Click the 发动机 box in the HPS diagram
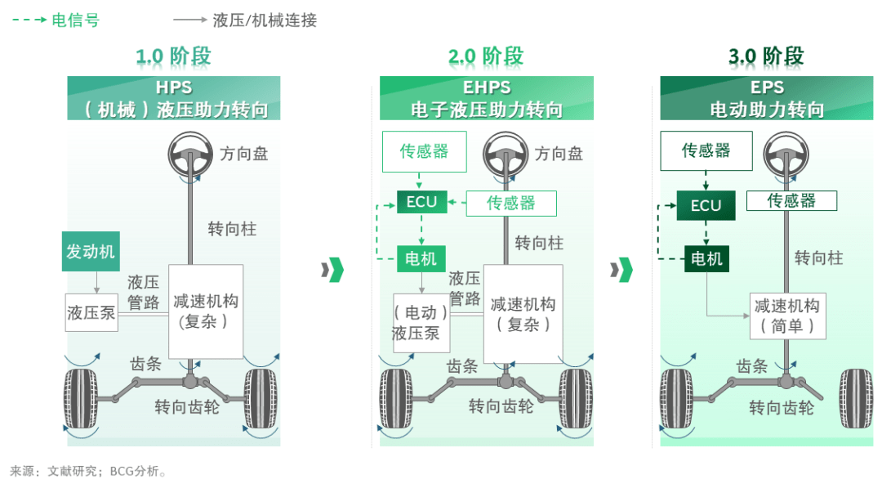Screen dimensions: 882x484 coord(91,251)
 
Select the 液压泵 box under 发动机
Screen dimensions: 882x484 coord(91,312)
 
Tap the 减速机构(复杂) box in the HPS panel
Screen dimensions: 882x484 coord(206,311)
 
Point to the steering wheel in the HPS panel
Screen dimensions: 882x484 coord(190,155)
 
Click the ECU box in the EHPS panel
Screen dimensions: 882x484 coord(422,202)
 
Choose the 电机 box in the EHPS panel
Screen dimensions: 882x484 coord(421,258)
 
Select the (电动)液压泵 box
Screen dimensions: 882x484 coord(421,323)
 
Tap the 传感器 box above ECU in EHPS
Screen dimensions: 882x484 coord(424,151)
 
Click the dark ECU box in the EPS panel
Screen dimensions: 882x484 coord(706,205)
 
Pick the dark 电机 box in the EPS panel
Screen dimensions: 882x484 coord(706,258)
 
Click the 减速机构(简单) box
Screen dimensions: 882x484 coord(787,316)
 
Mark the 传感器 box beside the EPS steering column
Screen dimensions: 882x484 coord(791,200)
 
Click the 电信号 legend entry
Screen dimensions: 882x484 coord(56,20)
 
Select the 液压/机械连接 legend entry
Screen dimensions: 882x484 coord(245,20)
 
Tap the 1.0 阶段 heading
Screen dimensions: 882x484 coord(173,56)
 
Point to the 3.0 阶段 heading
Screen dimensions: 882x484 coord(766,56)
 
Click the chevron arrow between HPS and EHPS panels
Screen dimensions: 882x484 coord(332,270)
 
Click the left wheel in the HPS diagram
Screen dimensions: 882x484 coord(81,399)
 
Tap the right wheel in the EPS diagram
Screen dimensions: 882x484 coord(856,399)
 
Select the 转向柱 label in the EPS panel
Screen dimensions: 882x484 coord(818,258)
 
